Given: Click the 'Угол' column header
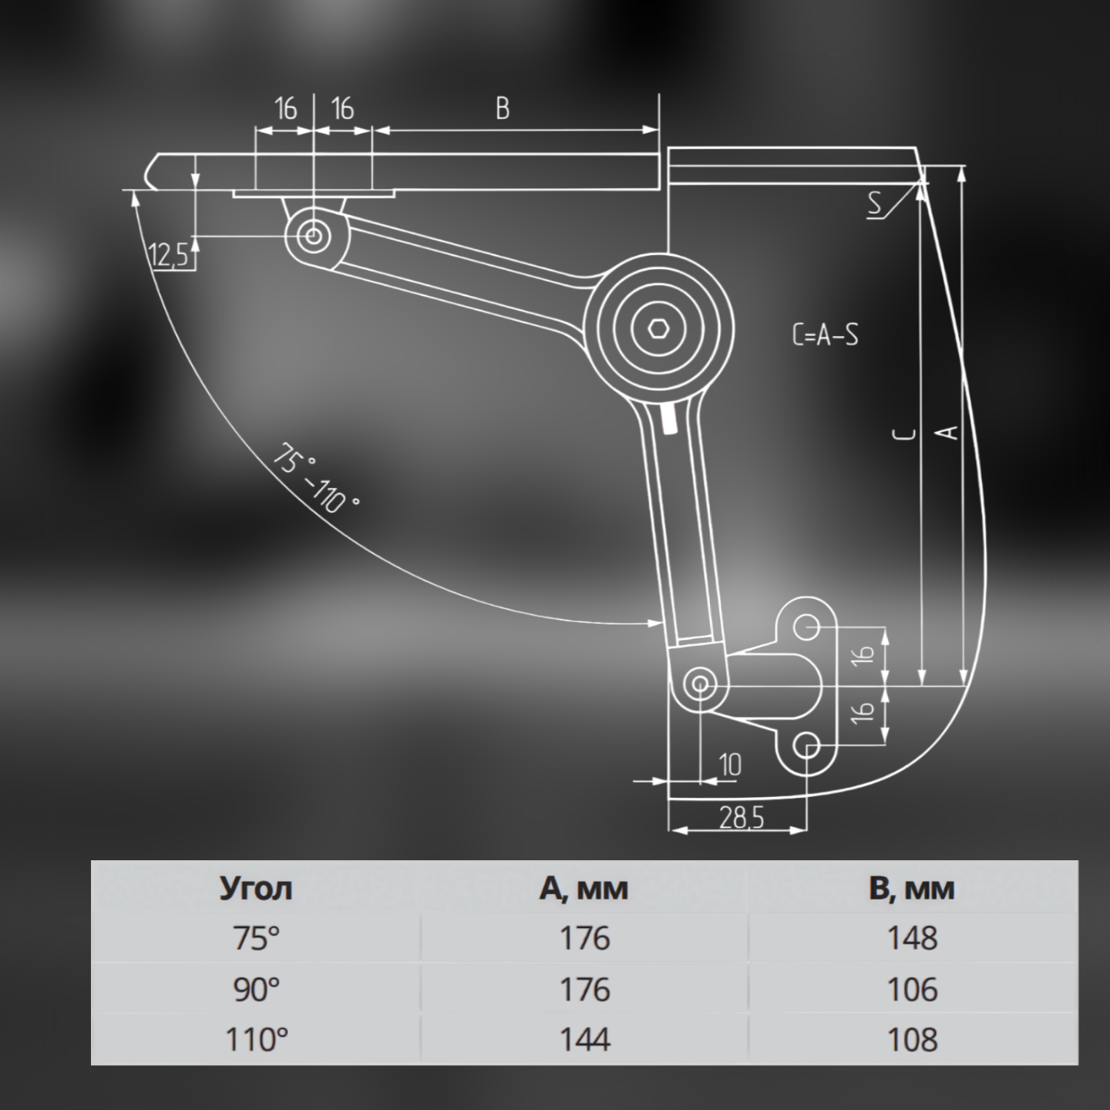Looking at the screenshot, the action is click(x=256, y=889).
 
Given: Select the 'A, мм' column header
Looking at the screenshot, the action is click(x=584, y=889).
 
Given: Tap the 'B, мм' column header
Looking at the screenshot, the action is click(x=912, y=889).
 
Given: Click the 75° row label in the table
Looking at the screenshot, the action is click(x=257, y=938).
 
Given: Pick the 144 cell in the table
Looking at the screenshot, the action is click(x=584, y=1040).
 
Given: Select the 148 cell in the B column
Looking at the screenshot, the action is click(x=913, y=938).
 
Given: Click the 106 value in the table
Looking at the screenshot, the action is click(x=913, y=989).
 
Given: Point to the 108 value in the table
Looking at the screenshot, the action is click(x=913, y=1040).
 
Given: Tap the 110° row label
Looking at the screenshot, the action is click(x=257, y=1040).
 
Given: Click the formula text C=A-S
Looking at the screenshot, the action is click(x=825, y=335).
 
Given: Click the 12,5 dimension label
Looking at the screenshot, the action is click(x=169, y=254).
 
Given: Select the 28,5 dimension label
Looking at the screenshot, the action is click(x=742, y=817).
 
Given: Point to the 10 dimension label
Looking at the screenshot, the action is click(x=731, y=765).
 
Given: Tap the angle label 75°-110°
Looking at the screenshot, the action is click(x=317, y=477).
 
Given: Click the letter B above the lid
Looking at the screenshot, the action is click(x=503, y=108).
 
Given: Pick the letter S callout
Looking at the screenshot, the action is click(x=875, y=203).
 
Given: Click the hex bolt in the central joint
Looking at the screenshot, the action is click(x=658, y=329).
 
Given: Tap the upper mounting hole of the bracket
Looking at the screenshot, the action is click(x=806, y=627).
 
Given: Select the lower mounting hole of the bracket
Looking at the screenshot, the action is click(x=806, y=746).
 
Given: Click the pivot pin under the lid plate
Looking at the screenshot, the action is click(x=314, y=236).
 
